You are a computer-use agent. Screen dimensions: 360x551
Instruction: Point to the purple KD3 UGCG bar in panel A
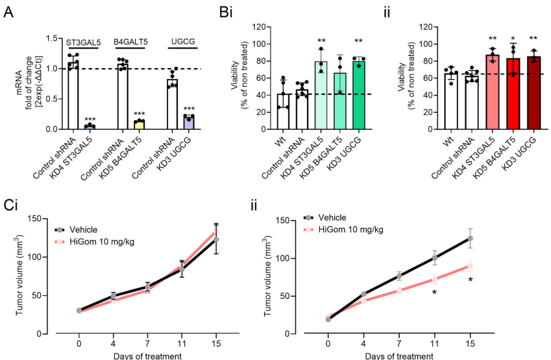(x=188, y=123)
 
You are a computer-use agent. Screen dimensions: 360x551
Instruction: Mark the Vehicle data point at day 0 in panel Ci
(x=79, y=310)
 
